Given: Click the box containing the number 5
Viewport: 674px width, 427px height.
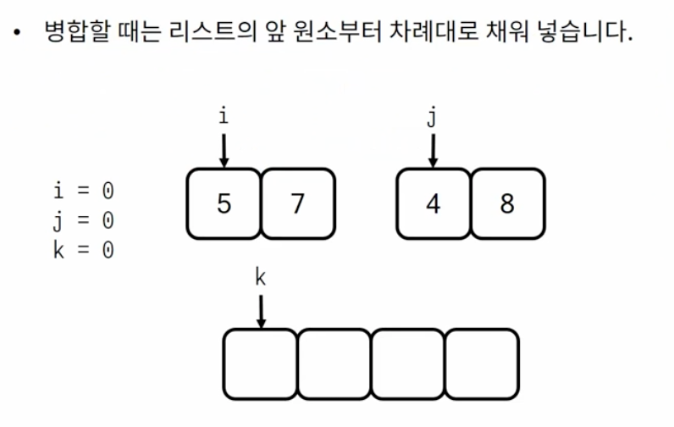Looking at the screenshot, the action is (x=224, y=204).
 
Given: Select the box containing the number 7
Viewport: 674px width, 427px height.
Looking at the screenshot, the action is (x=298, y=204).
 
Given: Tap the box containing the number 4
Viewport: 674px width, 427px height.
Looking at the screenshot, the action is (x=433, y=204).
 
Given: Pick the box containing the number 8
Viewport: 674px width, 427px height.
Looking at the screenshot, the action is (x=507, y=204).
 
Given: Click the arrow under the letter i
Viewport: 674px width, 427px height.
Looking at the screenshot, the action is (x=224, y=149).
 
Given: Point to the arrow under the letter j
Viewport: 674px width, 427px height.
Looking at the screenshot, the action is (x=433, y=149).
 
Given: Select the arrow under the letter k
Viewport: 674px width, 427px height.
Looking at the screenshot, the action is (x=261, y=311).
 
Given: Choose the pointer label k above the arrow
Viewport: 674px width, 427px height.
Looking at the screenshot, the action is (x=261, y=278).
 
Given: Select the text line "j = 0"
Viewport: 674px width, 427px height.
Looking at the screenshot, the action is (x=83, y=220).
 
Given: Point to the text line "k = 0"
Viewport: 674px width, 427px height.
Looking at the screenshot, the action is (x=83, y=250).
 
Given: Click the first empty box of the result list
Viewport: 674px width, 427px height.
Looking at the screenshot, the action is (x=261, y=364).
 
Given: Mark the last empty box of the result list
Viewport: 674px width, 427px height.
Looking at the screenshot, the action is (x=482, y=364).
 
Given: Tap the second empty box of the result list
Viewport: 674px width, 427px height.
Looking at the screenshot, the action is (x=334, y=364).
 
